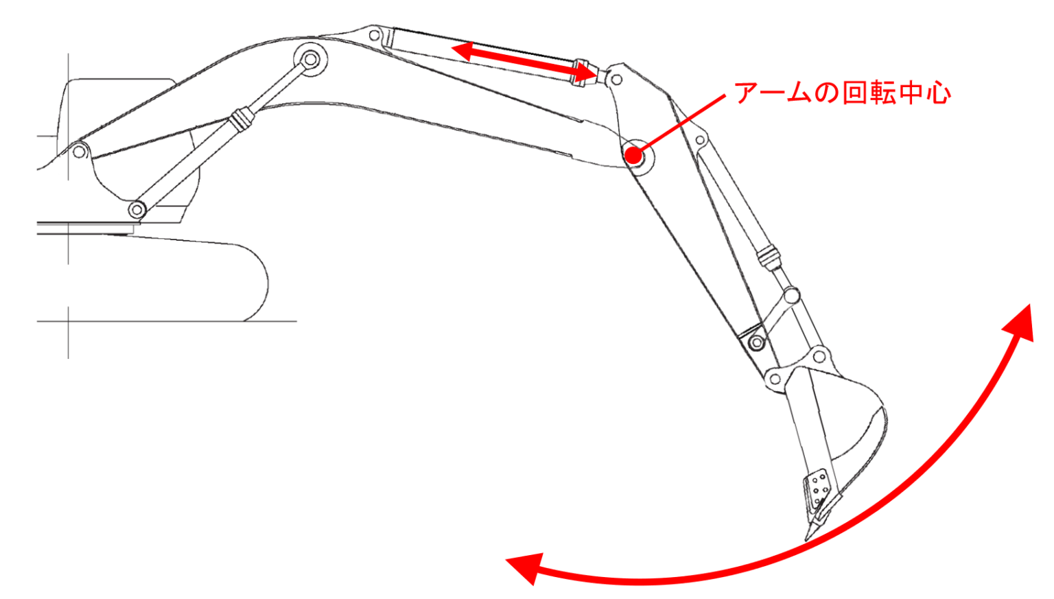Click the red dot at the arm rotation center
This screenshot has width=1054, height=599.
point(633,155)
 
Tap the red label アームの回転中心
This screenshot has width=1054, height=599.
point(842,93)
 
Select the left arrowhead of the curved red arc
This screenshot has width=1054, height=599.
point(525,567)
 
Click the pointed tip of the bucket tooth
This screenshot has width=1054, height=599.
point(807,539)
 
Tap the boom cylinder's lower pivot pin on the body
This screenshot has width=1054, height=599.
point(137,209)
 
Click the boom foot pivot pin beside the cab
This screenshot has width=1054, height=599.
point(80,152)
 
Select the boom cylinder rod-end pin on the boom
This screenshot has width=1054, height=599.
point(310,59)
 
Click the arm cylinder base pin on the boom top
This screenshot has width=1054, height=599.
point(375,35)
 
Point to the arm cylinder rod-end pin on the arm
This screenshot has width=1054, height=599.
point(616,80)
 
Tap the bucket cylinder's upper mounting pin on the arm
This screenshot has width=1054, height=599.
point(700,140)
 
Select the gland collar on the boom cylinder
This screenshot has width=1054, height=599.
point(241,118)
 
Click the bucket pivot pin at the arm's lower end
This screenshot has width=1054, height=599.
point(775,378)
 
